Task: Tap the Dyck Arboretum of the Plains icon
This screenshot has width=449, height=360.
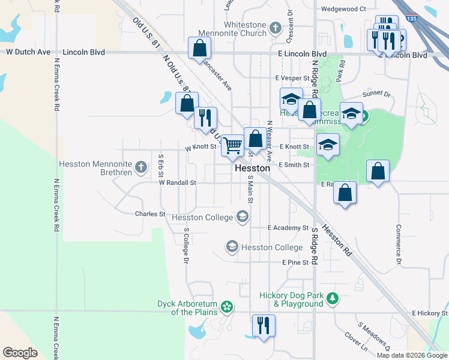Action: pos(227,308)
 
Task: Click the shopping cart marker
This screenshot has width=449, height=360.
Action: pos(232,145)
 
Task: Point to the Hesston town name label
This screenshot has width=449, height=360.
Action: pos(252,169)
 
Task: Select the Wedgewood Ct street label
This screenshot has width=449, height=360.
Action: pos(343,9)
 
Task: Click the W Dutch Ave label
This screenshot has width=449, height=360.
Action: pos(28,52)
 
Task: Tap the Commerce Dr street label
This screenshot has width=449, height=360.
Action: pos(397,245)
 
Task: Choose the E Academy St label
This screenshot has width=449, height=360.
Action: pos(287,228)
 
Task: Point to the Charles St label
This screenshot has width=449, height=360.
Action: pos(150,214)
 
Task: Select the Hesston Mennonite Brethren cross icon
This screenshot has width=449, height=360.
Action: pos(141,167)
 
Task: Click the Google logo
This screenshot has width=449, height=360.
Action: pos(20,353)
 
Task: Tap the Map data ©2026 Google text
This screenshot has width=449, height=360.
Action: pos(411,355)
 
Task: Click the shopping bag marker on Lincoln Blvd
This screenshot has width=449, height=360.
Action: pos(199,49)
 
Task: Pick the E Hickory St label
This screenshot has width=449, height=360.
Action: pos(430,313)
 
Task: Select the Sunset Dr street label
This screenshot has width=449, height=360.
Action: pos(376,95)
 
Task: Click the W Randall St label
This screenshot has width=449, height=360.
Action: pos(178,182)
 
